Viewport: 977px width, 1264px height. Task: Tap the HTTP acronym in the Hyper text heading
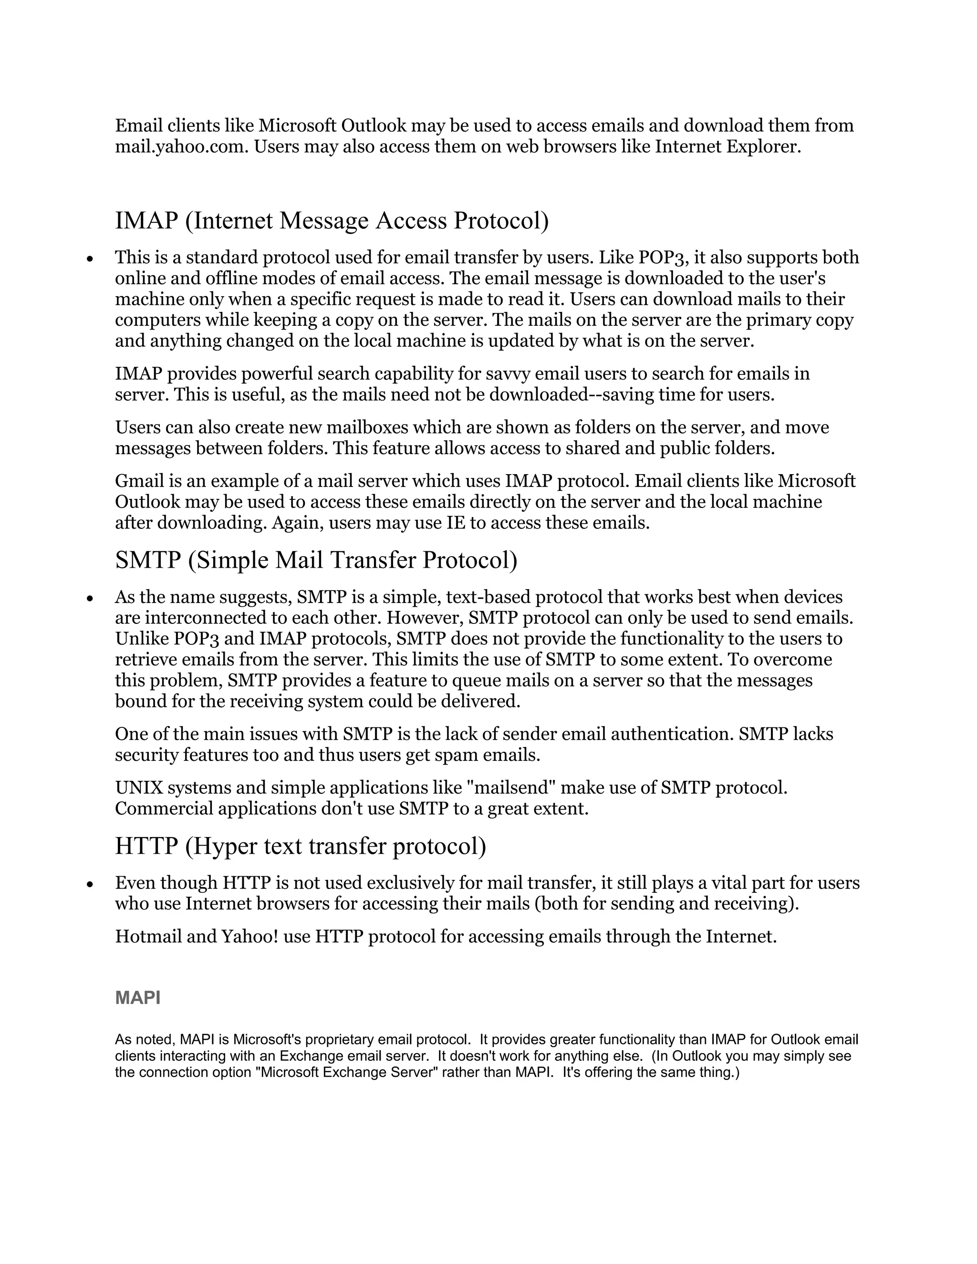146,846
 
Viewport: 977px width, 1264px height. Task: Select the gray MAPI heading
138,998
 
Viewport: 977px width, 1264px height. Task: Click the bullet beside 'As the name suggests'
90,599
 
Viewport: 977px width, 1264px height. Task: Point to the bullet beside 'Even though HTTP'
90,885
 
